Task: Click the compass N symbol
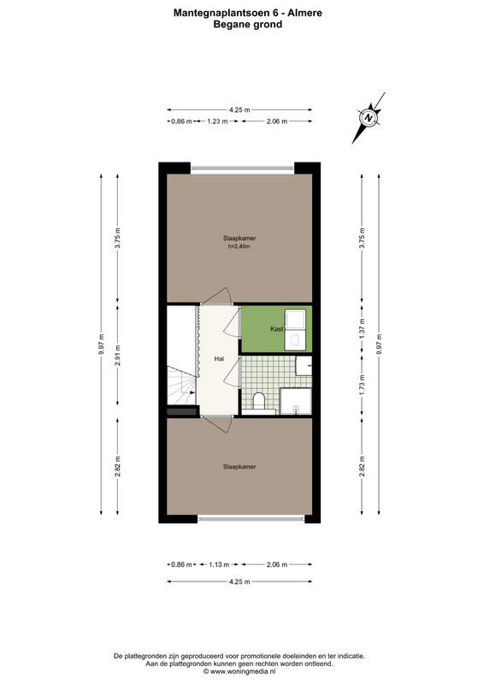tap(369, 118)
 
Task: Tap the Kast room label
tap(277, 329)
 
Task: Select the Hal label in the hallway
tap(219, 358)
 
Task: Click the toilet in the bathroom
tap(259, 400)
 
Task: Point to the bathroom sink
tap(304, 366)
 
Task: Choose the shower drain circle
tap(297, 409)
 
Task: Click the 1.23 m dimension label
tap(217, 121)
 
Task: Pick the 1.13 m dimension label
tap(219, 564)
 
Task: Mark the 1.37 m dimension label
tap(362, 329)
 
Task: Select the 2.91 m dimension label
tap(118, 355)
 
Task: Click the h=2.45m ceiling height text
tap(239, 246)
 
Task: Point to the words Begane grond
tap(247, 25)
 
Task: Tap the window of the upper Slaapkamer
tap(243, 168)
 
